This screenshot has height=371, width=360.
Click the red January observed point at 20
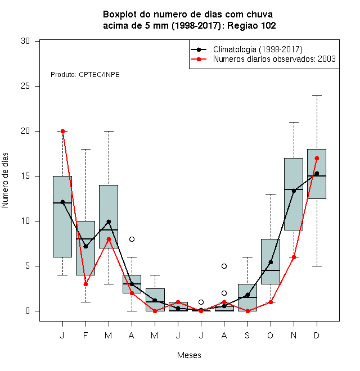tap(63, 131)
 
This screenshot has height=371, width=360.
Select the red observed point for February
tap(85, 284)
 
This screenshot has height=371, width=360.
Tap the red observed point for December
tap(317, 158)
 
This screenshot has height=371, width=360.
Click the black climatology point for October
tap(271, 262)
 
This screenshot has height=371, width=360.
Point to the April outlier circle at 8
tap(132, 239)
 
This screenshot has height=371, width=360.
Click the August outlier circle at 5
tap(224, 266)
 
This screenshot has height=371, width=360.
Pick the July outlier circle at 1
tap(201, 302)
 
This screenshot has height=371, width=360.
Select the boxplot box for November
tap(294, 194)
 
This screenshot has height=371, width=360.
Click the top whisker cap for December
tap(317, 95)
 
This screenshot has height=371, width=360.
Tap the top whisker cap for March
tap(109, 131)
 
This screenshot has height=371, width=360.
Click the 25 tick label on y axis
tap(25, 86)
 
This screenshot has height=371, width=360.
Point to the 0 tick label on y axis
tap(28, 311)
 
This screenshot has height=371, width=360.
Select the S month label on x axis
tap(247, 335)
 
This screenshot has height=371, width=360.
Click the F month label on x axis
tap(85, 335)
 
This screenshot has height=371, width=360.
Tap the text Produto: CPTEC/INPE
tap(85, 75)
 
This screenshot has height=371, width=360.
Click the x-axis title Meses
tap(189, 355)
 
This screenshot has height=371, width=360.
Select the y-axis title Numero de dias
tap(5, 180)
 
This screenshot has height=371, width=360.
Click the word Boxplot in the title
tap(120, 15)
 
